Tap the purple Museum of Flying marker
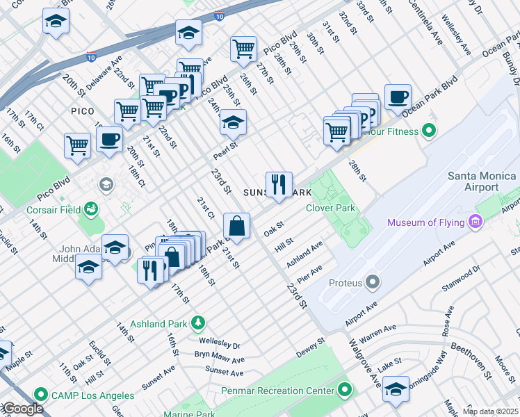pyautogui.click(x=476, y=222)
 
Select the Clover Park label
pyautogui.click(x=330, y=208)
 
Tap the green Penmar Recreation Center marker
pyautogui.click(x=343, y=391)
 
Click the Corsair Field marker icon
pyautogui.click(x=90, y=208)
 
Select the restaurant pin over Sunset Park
pyautogui.click(x=279, y=185)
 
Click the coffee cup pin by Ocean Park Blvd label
pyautogui.click(x=398, y=98)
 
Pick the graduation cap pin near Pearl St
pyautogui.click(x=233, y=122)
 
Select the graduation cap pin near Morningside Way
pyautogui.click(x=396, y=389)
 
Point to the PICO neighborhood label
pyautogui.click(x=82, y=111)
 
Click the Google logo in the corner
pyautogui.click(x=23, y=409)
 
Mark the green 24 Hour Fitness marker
pyautogui.click(x=429, y=131)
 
